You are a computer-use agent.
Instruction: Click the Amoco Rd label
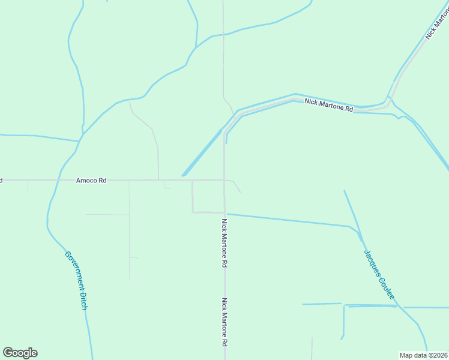coord(91,180)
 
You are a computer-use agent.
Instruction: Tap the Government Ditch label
coord(76,280)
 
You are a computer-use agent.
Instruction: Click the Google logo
coord(20,353)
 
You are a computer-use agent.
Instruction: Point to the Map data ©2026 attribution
coord(424,355)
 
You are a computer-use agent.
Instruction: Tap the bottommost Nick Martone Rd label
coord(224,322)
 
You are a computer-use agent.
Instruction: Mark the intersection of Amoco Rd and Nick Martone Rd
coord(224,180)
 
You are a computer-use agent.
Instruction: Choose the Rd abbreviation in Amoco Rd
coord(103,180)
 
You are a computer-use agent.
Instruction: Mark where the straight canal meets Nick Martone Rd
coord(225,214)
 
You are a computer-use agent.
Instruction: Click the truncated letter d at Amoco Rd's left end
coord(1,180)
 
